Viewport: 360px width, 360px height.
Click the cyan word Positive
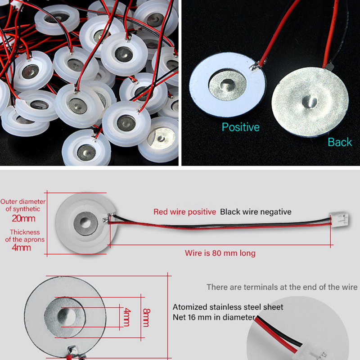tap(241, 127)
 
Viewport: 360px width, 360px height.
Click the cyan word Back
tap(340, 142)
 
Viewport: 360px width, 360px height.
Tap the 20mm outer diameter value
tap(24, 218)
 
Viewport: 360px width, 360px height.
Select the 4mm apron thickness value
tap(21, 248)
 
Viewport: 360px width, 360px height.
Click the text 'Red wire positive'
tap(184, 211)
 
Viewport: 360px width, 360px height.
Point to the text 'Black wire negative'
tap(256, 211)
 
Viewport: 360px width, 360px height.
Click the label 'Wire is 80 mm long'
tap(220, 253)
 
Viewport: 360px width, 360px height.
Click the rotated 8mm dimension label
tap(146, 318)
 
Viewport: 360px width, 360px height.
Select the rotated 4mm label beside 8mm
tap(127, 317)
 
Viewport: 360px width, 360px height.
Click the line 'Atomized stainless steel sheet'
tap(228, 307)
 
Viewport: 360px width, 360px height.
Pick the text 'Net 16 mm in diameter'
tap(214, 317)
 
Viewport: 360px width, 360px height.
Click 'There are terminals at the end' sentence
tap(282, 287)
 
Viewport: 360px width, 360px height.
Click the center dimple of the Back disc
tap(310, 102)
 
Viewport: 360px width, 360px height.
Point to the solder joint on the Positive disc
tap(255, 67)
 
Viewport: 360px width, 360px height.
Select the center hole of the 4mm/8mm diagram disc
tap(67, 317)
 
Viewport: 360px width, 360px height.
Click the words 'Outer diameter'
tap(23, 202)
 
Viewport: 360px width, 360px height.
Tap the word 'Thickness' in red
tap(25, 232)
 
